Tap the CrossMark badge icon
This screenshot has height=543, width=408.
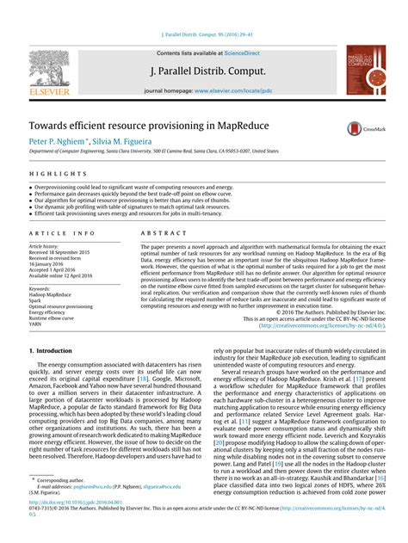[356, 129]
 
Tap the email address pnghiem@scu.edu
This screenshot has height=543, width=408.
[97, 509]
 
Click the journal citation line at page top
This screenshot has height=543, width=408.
[204, 36]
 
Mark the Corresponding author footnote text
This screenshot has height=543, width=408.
[61, 503]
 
